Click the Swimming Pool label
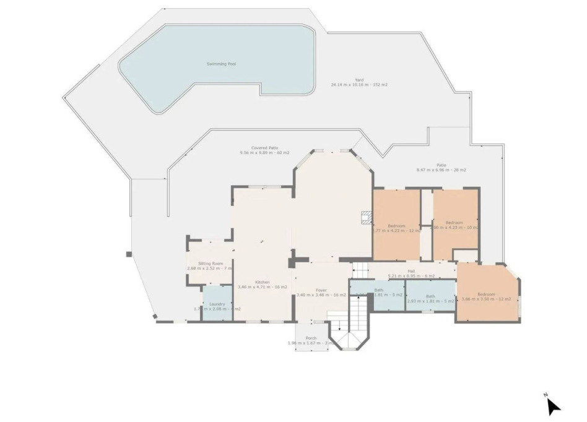[x=222, y=64]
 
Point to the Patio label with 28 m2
[x=441, y=165]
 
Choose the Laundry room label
[x=217, y=304]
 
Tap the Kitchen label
[x=261, y=282]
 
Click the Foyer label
[x=321, y=290]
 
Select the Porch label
[x=311, y=338]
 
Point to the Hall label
[x=411, y=271]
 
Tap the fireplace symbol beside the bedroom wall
[x=367, y=217]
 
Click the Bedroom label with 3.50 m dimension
[x=486, y=294]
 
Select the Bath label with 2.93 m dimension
[x=430, y=296]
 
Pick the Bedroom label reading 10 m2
[x=454, y=222]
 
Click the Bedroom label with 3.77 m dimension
[x=396, y=225]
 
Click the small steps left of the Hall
[x=360, y=270]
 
